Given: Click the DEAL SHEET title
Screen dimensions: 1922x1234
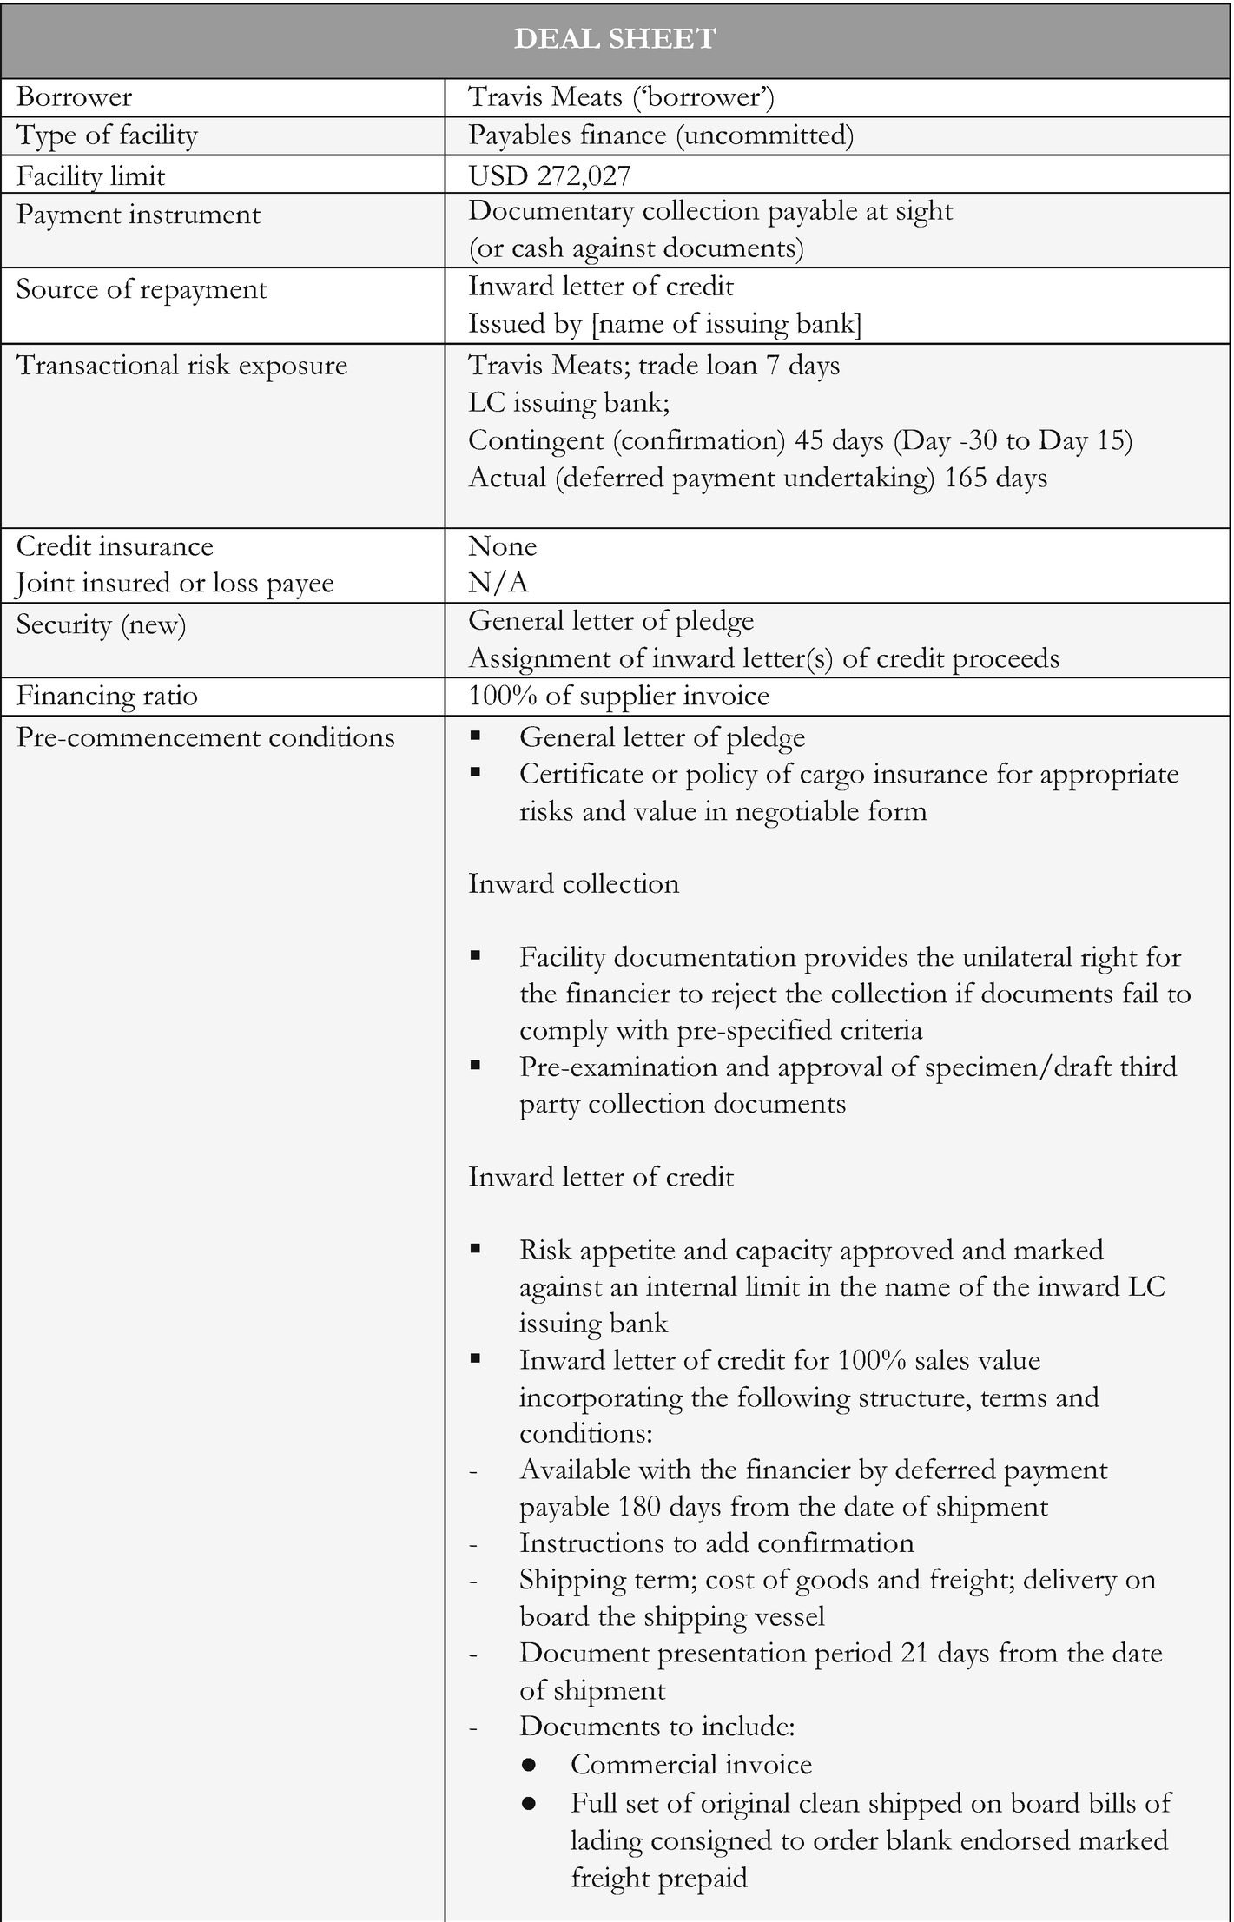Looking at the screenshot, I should [x=615, y=39].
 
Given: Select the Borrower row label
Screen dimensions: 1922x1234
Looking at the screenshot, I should [x=75, y=97].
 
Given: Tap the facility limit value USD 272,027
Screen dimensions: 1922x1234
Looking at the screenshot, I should [x=549, y=175].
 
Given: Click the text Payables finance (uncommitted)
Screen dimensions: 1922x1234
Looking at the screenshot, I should [x=661, y=135].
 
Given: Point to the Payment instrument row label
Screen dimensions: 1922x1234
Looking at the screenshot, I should [x=138, y=215].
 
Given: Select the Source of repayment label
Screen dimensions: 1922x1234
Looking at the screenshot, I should [x=142, y=289].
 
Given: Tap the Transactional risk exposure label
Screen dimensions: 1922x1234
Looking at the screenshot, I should [x=181, y=365].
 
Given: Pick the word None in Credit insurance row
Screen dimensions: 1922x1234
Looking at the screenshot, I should [x=503, y=546].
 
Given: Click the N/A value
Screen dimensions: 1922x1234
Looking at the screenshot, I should [x=498, y=583].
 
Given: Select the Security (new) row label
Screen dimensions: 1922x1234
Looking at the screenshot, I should [x=102, y=625].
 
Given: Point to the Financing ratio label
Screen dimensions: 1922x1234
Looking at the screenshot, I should [x=107, y=697].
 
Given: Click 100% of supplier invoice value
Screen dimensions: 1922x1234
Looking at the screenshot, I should [x=618, y=697].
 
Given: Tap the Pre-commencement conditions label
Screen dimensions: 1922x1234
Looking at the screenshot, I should [x=206, y=737].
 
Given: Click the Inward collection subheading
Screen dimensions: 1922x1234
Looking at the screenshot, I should [x=573, y=884].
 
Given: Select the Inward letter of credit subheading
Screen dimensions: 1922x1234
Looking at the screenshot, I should [x=601, y=1177].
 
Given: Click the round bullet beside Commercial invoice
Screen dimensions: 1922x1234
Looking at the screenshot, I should [x=530, y=1766].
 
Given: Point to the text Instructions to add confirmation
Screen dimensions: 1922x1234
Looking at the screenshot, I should [x=716, y=1543].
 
